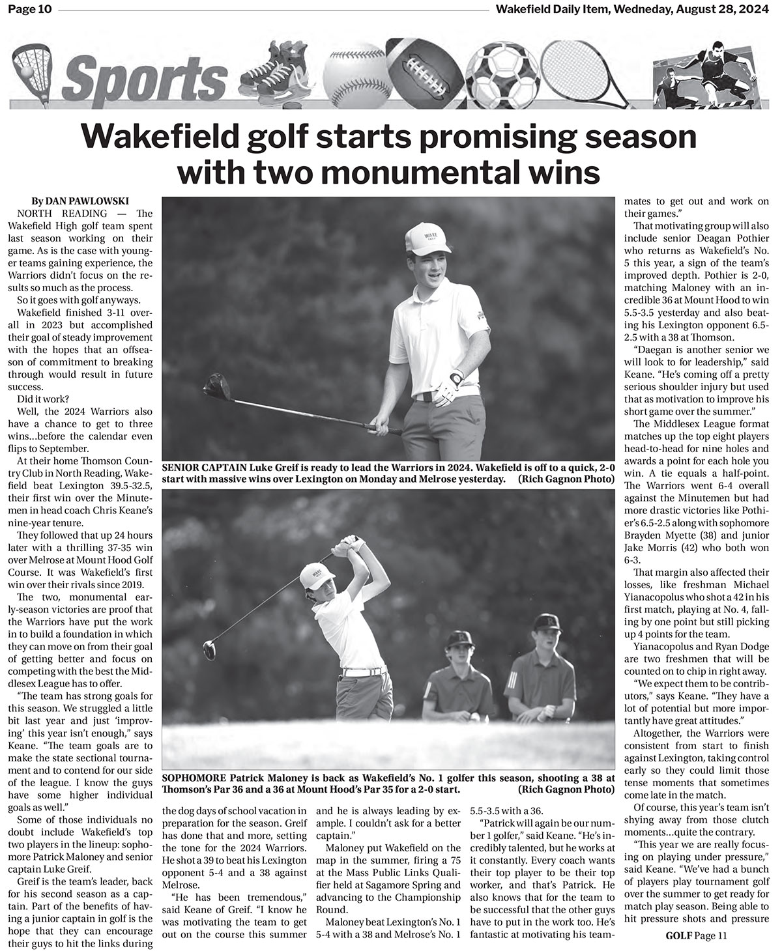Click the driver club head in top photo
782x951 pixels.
[x=218, y=386]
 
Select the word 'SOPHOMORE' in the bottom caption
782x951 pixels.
[x=194, y=778]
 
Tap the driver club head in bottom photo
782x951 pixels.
[x=209, y=649]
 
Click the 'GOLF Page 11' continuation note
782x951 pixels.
[x=694, y=936]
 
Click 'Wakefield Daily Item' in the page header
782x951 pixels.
[x=549, y=8]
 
